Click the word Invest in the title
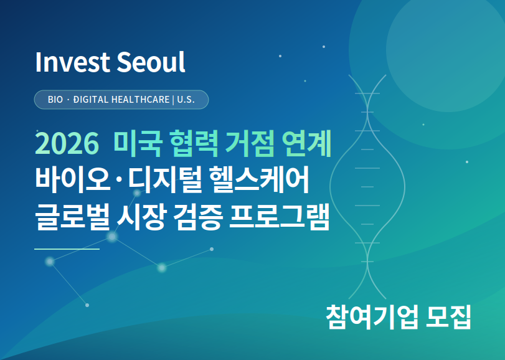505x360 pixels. coord(64,62)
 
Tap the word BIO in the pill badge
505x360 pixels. coord(55,100)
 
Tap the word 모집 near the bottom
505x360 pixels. coord(447,316)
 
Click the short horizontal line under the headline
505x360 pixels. coord(67,249)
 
